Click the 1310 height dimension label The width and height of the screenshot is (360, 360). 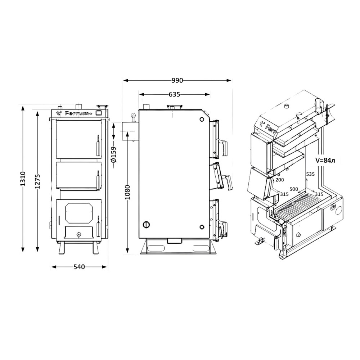click(x=23, y=179)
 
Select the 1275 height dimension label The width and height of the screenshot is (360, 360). click(x=38, y=181)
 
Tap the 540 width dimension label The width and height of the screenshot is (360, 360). click(x=79, y=267)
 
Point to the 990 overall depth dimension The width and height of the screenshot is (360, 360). click(x=177, y=81)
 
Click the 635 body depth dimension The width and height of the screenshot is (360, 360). click(x=174, y=94)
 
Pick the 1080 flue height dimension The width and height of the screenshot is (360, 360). click(x=128, y=192)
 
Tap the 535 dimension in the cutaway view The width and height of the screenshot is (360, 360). click(x=311, y=174)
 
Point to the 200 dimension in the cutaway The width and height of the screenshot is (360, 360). click(x=280, y=180)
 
